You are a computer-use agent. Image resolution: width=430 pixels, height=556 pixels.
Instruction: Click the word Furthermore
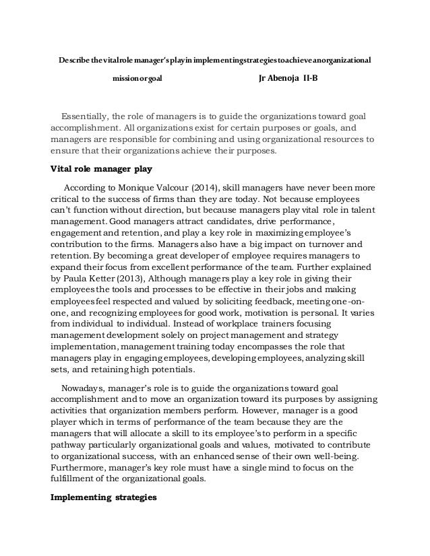point(78,467)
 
